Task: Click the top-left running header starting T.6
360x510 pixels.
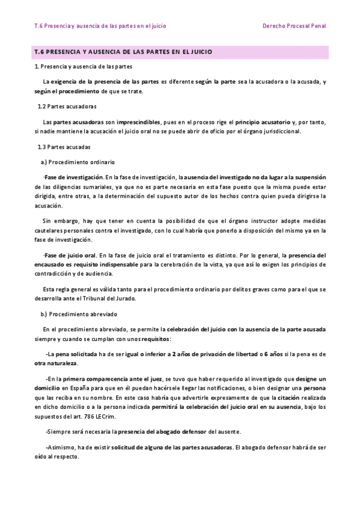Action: click(100, 26)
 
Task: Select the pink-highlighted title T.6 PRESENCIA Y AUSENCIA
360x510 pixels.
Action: click(123, 53)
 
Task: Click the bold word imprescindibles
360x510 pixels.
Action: click(141, 121)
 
